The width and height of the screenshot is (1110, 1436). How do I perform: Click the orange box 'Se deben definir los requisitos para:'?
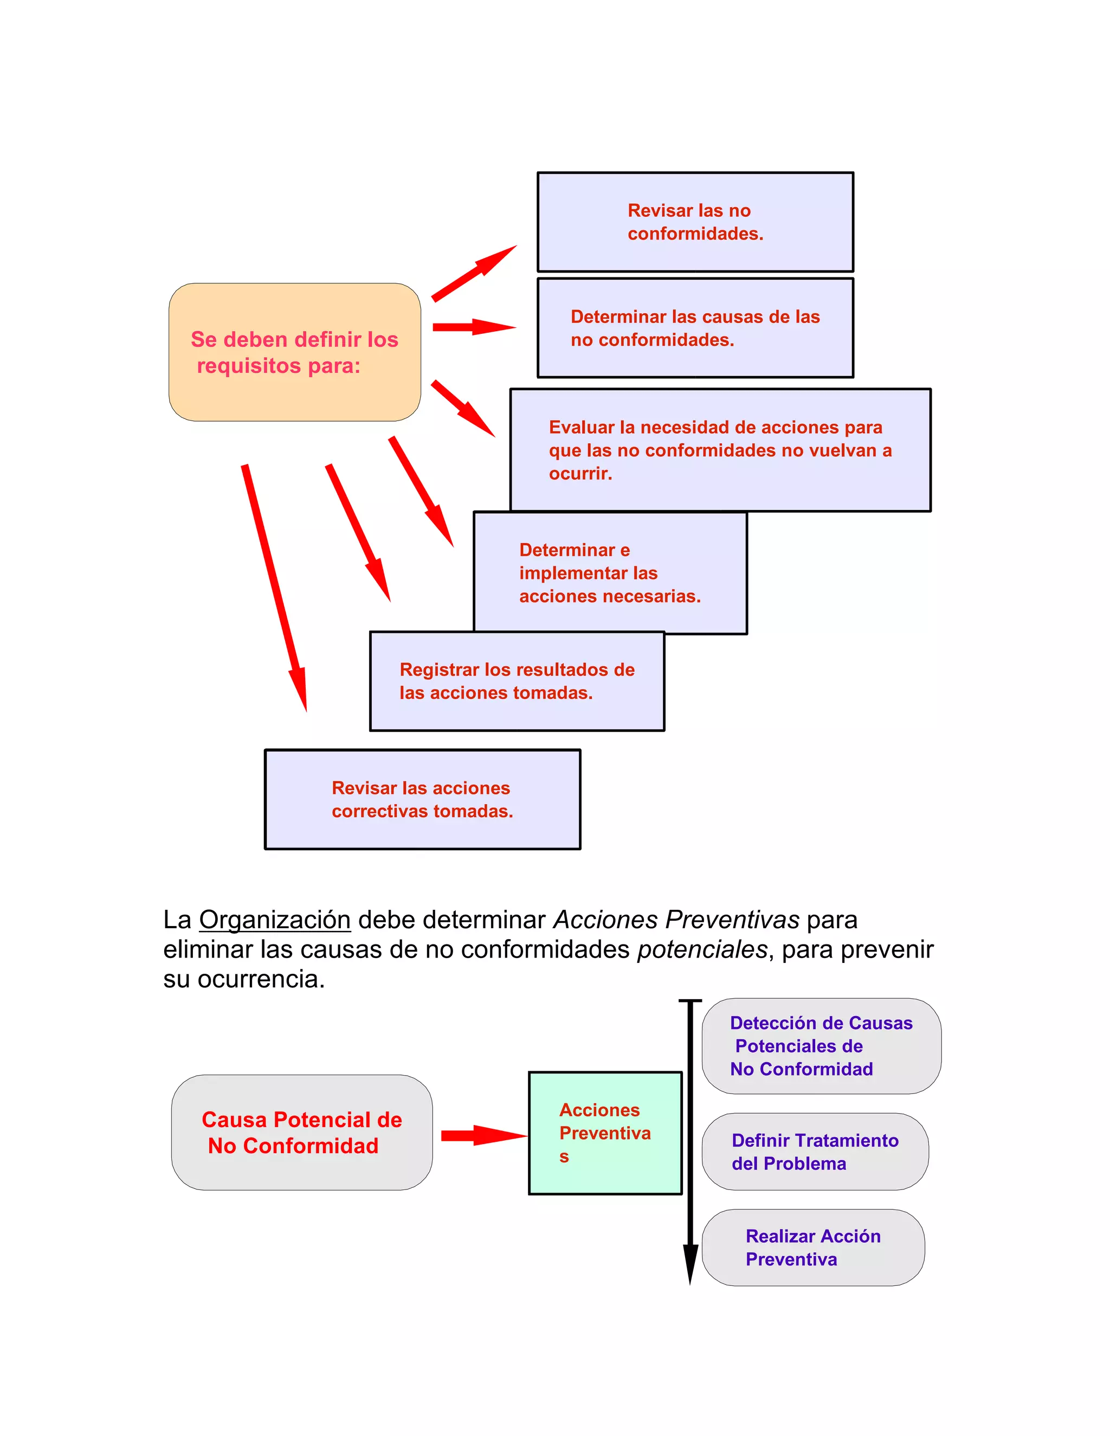pos(295,352)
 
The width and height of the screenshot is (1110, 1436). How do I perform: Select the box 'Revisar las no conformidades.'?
pos(695,222)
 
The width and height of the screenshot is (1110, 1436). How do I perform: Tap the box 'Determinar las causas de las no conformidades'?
pos(695,328)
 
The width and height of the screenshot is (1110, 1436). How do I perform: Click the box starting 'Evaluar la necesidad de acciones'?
pos(720,450)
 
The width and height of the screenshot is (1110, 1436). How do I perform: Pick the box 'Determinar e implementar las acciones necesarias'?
pos(610,573)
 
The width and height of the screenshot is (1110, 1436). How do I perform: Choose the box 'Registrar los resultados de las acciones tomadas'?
pos(517,681)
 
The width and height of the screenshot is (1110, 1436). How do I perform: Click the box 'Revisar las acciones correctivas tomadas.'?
pos(422,799)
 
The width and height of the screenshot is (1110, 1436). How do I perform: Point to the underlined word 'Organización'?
pos(275,920)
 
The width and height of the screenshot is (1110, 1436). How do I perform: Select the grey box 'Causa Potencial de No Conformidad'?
pos(302,1132)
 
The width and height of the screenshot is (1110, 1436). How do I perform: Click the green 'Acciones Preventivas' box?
pos(605,1133)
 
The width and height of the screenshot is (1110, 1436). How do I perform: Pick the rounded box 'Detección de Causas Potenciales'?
pos(821,1046)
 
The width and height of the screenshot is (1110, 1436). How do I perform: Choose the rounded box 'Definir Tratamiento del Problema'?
pos(815,1152)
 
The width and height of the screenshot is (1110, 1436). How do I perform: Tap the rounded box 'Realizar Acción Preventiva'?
pos(813,1247)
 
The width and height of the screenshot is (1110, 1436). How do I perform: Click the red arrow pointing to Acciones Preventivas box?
pos(483,1135)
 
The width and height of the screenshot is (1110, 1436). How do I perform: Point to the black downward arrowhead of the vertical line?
pos(690,1263)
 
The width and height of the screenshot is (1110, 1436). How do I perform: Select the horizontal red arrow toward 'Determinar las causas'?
pos(474,327)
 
